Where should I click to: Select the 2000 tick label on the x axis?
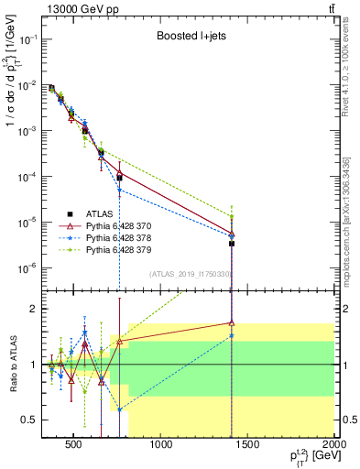coord(334,448)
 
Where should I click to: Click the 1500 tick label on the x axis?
coord(248,448)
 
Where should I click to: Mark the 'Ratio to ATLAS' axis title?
coord(10,364)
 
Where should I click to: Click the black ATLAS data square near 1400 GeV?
coord(232,244)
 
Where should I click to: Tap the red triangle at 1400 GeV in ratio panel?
coord(232,322)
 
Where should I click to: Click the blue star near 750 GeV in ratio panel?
coord(119,409)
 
